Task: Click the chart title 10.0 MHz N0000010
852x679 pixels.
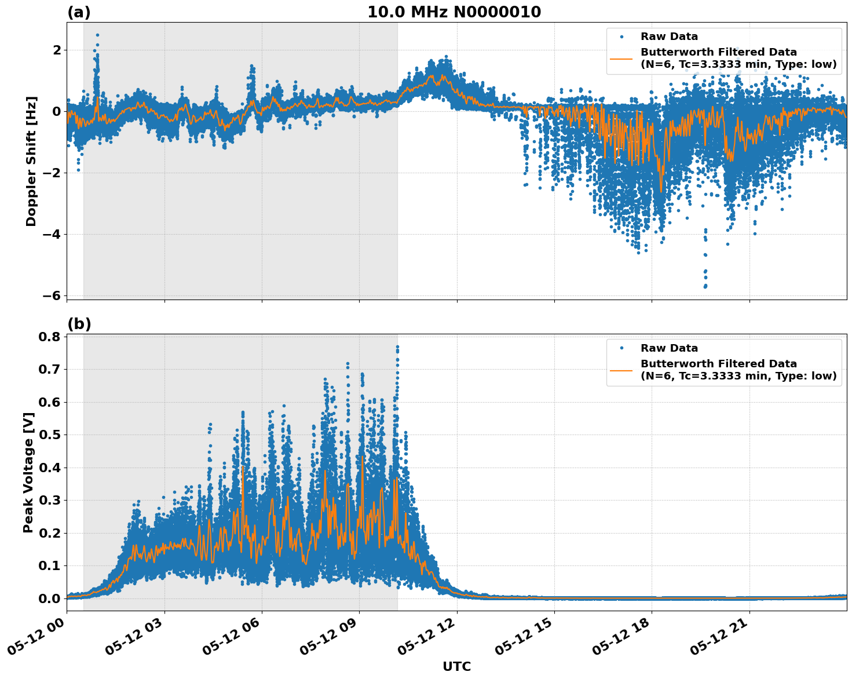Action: pyautogui.click(x=454, y=12)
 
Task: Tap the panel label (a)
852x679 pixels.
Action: pyautogui.click(x=79, y=12)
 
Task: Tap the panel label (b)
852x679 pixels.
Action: pyautogui.click(x=79, y=324)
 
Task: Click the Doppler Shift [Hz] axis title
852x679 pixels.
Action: pyautogui.click(x=31, y=161)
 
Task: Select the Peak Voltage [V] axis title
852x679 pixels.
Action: pyautogui.click(x=28, y=472)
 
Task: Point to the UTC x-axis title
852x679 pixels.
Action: pyautogui.click(x=456, y=666)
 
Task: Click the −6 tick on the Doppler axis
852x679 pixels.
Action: pyautogui.click(x=52, y=295)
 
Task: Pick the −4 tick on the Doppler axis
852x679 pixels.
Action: pyautogui.click(x=52, y=234)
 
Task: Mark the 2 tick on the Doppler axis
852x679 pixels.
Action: pyautogui.click(x=57, y=50)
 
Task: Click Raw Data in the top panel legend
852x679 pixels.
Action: pyautogui.click(x=669, y=36)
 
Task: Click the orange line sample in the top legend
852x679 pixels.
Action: pyautogui.click(x=621, y=59)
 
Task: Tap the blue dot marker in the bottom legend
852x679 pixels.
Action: pyautogui.click(x=621, y=348)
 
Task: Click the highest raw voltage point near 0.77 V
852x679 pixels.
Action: pyautogui.click(x=397, y=346)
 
